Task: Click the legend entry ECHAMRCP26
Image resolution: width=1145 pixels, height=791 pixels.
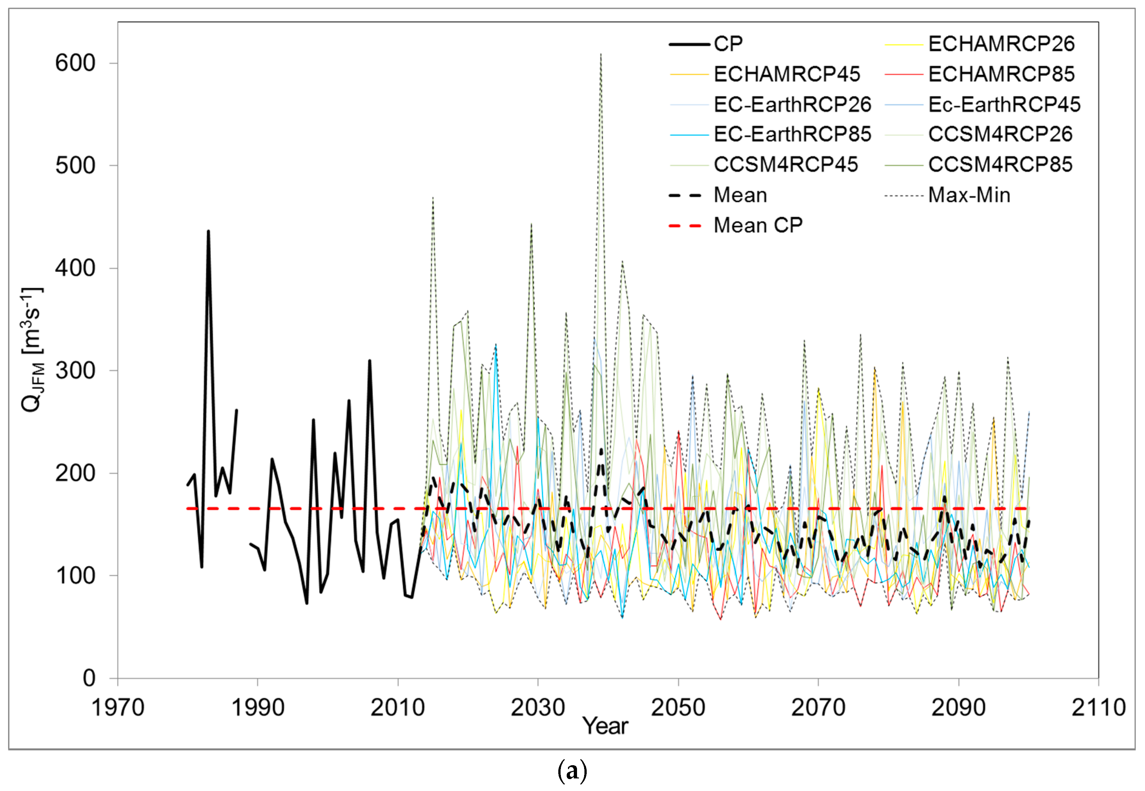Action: (1001, 44)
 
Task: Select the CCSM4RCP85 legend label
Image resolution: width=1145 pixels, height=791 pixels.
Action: (1000, 164)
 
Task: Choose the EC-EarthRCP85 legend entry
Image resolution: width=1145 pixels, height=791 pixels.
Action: (792, 134)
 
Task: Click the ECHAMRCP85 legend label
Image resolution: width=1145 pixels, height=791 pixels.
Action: (1001, 74)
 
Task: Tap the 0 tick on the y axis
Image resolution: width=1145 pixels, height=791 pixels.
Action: (89, 678)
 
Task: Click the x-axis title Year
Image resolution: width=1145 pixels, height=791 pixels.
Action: (605, 727)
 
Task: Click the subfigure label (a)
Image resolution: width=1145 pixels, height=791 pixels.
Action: (572, 771)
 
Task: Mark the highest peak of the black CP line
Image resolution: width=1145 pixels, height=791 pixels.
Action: (208, 231)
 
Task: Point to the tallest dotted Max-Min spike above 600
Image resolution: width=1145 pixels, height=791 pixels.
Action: (601, 54)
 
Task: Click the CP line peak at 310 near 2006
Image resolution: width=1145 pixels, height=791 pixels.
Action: (370, 361)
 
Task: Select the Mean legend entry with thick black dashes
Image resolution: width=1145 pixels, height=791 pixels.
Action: (740, 195)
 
